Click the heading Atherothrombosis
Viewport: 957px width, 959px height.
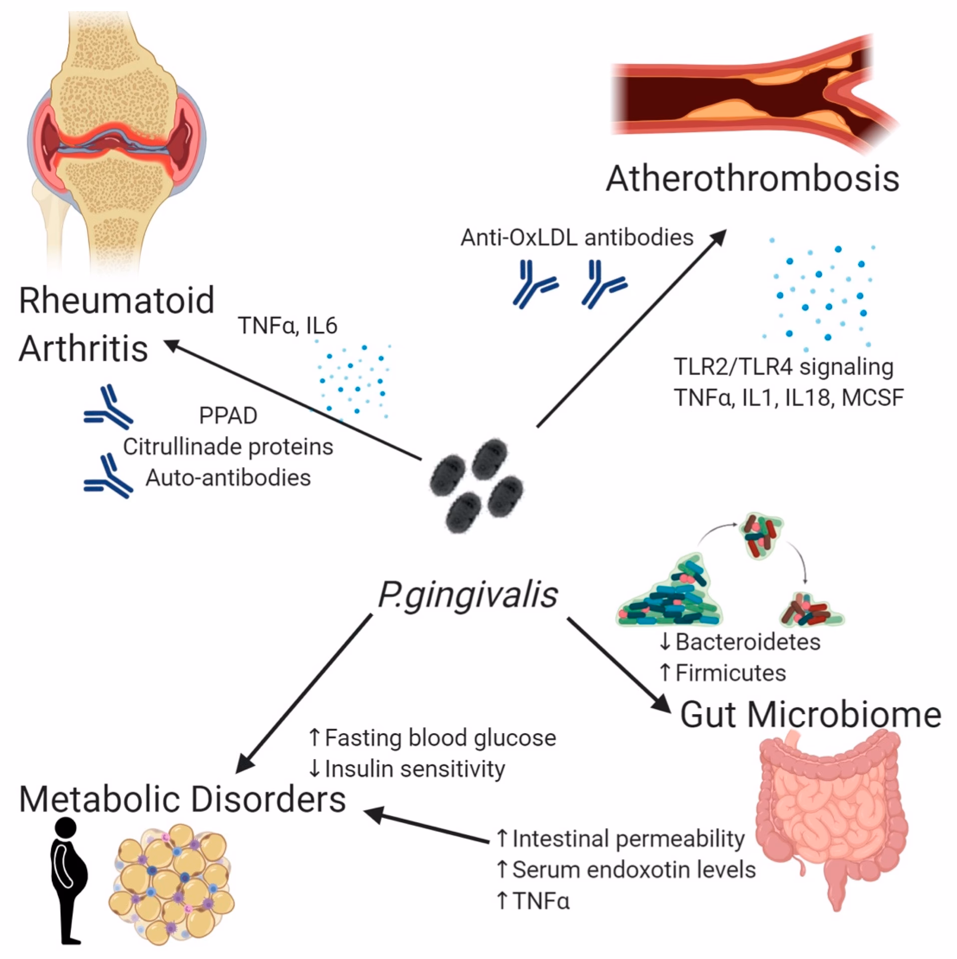click(752, 179)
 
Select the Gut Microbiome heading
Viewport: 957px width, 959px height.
click(810, 715)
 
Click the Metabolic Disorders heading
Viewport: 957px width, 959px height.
click(182, 799)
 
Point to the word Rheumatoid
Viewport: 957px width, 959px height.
click(116, 300)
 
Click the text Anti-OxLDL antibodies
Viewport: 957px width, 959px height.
click(577, 238)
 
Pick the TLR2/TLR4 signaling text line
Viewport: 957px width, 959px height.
click(783, 367)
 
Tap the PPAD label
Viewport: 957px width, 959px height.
click(228, 416)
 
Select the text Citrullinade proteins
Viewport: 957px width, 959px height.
click(228, 447)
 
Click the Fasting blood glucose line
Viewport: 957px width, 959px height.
click(433, 738)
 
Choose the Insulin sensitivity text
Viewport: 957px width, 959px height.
click(407, 769)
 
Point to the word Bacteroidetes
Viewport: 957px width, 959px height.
click(740, 642)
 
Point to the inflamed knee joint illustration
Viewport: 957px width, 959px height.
click(116, 135)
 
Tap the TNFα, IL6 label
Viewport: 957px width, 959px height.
click(288, 326)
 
